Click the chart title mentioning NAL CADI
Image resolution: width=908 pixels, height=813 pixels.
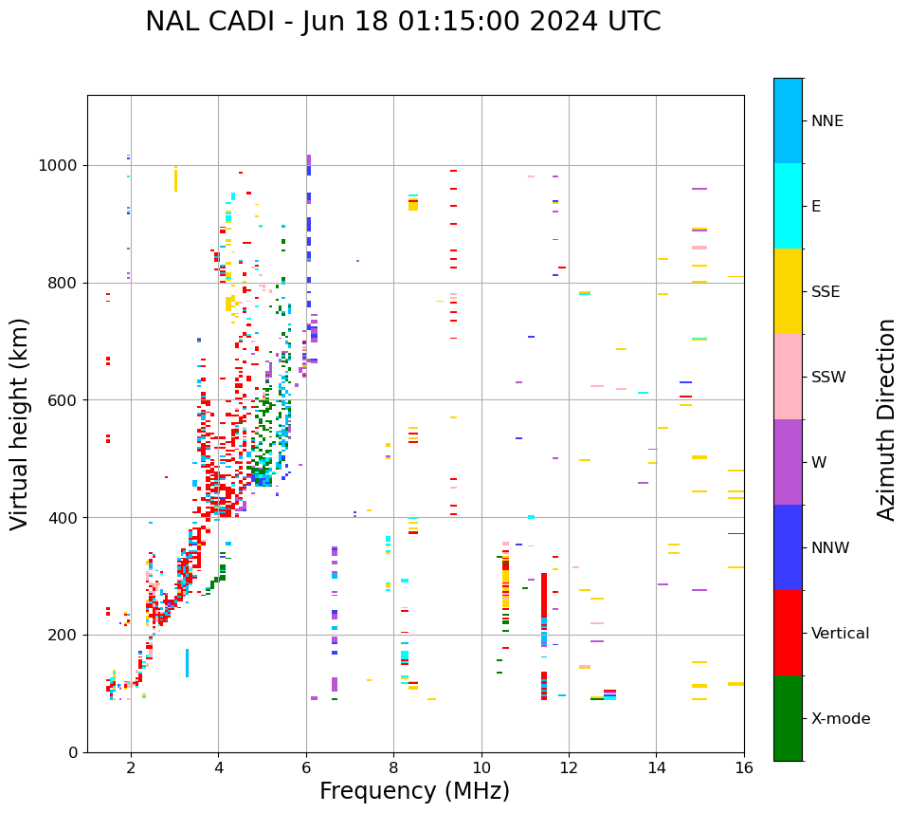pyautogui.click(x=403, y=22)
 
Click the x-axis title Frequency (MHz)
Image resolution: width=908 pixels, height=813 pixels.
pyautogui.click(x=414, y=791)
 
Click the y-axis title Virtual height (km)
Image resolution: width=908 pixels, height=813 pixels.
pyautogui.click(x=20, y=423)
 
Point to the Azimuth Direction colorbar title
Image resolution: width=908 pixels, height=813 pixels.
pyautogui.click(x=886, y=419)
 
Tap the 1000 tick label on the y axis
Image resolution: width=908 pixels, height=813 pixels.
pyautogui.click(x=58, y=165)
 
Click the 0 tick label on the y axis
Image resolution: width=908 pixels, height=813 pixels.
pyautogui.click(x=73, y=752)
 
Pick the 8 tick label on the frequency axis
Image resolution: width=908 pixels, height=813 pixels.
pyautogui.click(x=393, y=767)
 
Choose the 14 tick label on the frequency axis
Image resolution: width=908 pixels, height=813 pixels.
pyautogui.click(x=657, y=767)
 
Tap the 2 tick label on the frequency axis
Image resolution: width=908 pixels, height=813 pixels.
pyautogui.click(x=131, y=767)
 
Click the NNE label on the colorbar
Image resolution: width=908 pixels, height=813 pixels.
pyautogui.click(x=826, y=121)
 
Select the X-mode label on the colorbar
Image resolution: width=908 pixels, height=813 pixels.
pyautogui.click(x=840, y=719)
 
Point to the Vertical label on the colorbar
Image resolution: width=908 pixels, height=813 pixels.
pyautogui.click(x=840, y=634)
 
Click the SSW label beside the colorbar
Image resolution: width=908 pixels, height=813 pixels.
pyautogui.click(x=828, y=378)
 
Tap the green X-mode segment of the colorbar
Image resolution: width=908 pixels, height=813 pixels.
pyautogui.click(x=788, y=718)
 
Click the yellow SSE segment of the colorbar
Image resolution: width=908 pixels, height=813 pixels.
pyautogui.click(x=788, y=291)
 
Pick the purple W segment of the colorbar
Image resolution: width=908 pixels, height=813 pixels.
pyautogui.click(x=788, y=462)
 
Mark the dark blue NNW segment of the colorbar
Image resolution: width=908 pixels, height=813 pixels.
pyautogui.click(x=788, y=547)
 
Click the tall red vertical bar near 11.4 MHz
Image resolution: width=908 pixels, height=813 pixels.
pyautogui.click(x=544, y=596)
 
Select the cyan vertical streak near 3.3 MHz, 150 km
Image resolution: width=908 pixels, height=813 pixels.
pyautogui.click(x=187, y=662)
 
